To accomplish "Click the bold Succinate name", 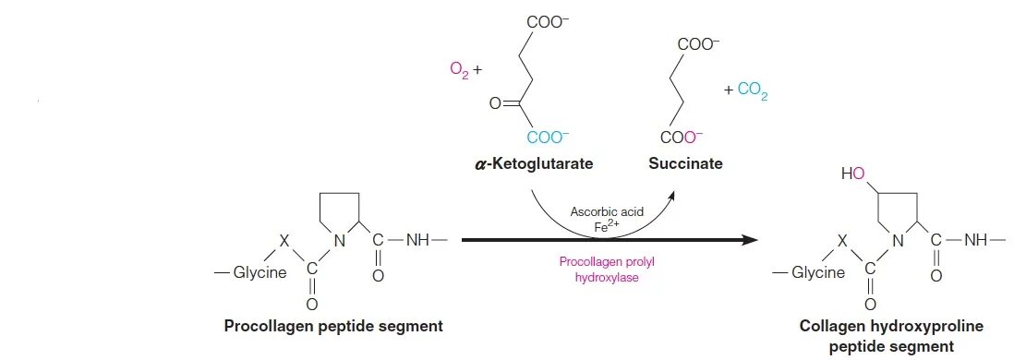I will point(685,164).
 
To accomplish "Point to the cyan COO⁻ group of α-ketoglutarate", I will point(548,138).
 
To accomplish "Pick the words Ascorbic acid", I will point(607,211).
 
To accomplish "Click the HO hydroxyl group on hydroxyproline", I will point(853,174).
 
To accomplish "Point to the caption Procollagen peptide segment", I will point(333,326).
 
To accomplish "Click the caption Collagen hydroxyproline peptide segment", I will point(877,336).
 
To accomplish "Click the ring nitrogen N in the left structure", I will point(338,241).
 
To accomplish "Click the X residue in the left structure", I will point(284,240).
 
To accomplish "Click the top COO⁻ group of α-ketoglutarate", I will point(548,19).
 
